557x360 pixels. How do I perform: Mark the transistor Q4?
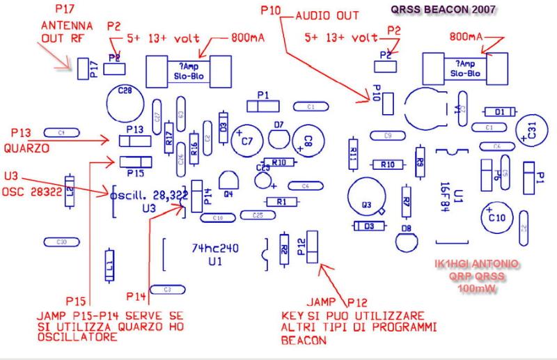[x=226, y=180]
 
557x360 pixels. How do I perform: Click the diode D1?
[x=499, y=111]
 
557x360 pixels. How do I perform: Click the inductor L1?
[x=109, y=265]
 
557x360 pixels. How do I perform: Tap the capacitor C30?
[x=61, y=242]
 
